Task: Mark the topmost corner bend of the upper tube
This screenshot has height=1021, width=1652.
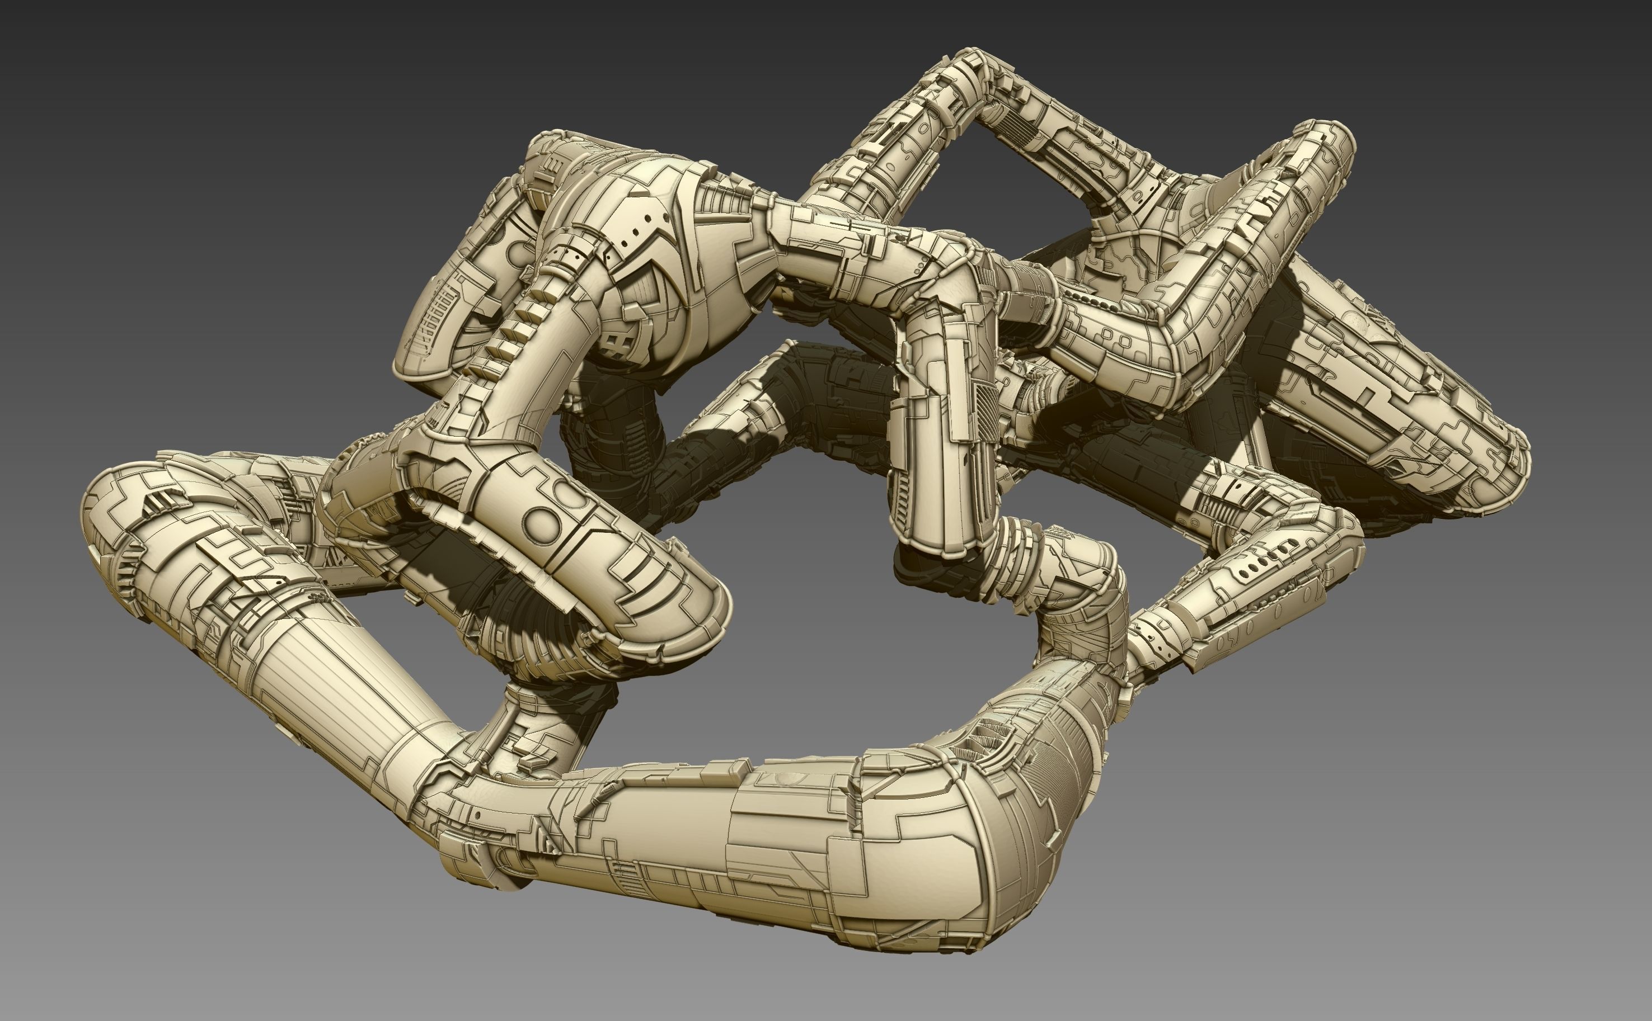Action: click(973, 64)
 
